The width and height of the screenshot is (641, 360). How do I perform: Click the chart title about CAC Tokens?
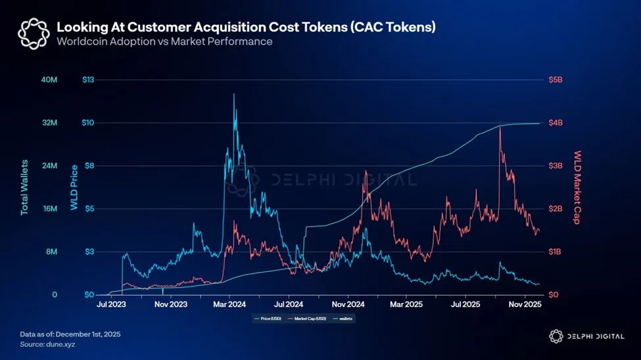(246, 28)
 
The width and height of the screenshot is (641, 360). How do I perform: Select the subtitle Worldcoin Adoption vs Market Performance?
(164, 41)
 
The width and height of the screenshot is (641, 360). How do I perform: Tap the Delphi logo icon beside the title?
(33, 34)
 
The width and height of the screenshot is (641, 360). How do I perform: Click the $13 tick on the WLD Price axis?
(89, 80)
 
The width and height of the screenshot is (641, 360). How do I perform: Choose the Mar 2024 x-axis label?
(230, 305)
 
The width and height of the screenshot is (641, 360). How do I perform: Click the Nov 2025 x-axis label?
(524, 305)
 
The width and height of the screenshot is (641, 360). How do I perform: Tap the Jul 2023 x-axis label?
(112, 305)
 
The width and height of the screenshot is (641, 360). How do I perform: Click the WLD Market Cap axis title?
(578, 187)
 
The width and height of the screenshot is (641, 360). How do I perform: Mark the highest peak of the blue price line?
(233, 95)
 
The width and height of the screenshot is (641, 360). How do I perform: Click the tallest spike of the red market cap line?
(500, 126)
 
